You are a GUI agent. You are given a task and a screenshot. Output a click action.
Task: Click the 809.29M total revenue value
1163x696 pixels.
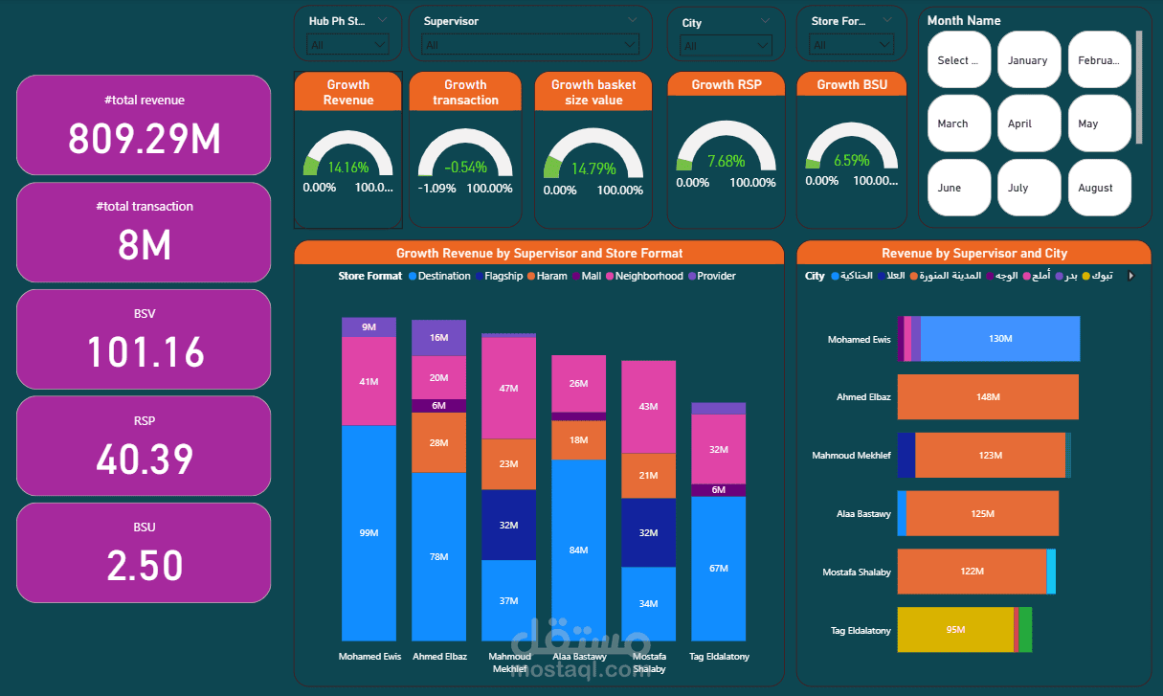[x=145, y=140]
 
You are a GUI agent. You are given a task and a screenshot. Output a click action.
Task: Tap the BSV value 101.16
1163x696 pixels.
[x=145, y=352]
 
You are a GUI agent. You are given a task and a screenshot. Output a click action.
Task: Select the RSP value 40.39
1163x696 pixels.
[x=145, y=460]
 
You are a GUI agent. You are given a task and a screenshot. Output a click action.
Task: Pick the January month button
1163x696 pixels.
[x=1028, y=59]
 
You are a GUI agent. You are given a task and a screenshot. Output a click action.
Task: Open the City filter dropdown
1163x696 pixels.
[x=725, y=45]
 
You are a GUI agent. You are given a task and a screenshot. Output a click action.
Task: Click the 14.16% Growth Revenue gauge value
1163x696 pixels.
[x=347, y=167]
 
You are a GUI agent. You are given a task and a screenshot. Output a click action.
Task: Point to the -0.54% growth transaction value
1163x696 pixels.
[x=465, y=167]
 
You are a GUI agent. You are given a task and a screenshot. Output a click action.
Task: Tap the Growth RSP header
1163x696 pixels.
[x=727, y=84]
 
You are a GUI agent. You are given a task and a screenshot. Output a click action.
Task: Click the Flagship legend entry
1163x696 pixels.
[x=503, y=276]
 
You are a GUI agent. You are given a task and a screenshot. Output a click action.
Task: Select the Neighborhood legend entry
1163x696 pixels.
[x=648, y=276]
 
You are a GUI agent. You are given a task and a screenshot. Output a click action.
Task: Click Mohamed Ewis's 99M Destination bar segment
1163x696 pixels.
[x=369, y=532]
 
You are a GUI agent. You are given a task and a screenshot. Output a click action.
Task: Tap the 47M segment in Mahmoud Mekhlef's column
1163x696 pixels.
[x=508, y=388]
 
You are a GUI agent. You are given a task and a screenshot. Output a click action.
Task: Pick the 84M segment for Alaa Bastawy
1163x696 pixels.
[x=578, y=550]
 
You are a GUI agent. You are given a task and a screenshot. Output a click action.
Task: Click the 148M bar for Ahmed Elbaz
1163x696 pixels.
[x=988, y=396]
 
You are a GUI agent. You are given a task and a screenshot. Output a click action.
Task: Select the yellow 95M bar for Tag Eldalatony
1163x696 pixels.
[x=954, y=629]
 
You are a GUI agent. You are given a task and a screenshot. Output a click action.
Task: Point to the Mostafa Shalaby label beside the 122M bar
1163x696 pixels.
[x=857, y=572]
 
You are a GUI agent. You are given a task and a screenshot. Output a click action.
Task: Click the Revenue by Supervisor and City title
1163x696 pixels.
[x=973, y=253]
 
